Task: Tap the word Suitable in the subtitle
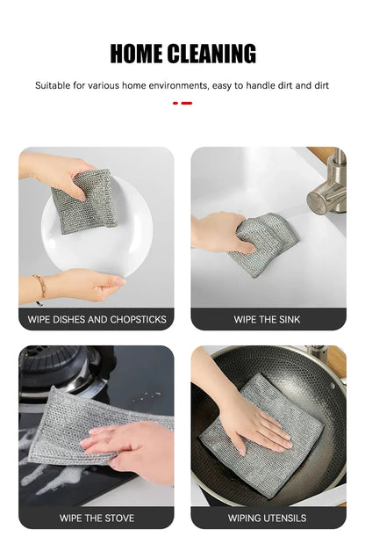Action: [x=54, y=86]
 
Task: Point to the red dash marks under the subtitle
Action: [x=182, y=103]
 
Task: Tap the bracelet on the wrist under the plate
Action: [x=39, y=286]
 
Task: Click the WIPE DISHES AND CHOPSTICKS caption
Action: [x=97, y=319]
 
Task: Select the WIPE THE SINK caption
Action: [x=268, y=319]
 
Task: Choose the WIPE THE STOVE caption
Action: [x=97, y=518]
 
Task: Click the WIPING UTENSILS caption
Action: [x=268, y=518]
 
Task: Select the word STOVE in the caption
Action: [x=118, y=518]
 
